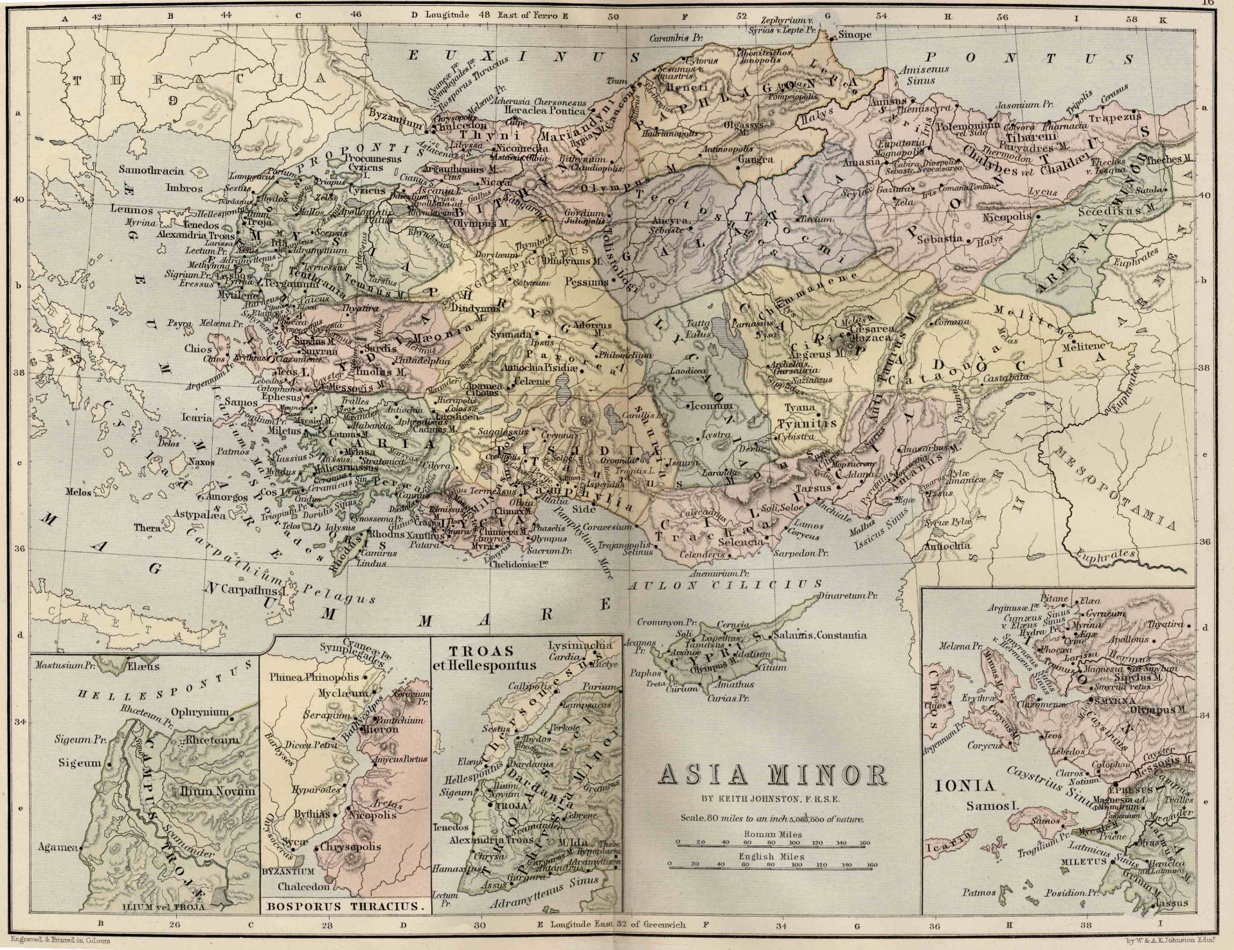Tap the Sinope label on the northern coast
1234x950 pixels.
click(855, 35)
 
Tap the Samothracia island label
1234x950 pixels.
click(151, 171)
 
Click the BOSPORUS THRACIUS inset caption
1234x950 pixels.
click(344, 907)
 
